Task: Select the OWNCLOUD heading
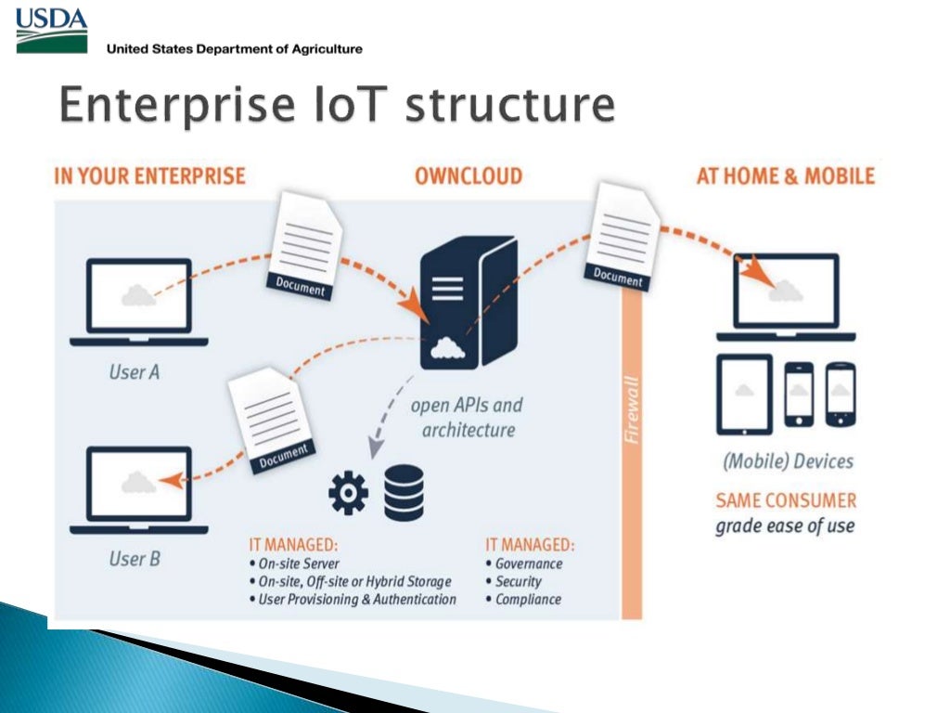(468, 176)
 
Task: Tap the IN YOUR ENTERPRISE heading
(149, 176)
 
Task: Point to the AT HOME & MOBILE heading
(785, 176)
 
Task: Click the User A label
(134, 372)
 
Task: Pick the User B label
(134, 559)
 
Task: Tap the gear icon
(349, 493)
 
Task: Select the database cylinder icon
(404, 492)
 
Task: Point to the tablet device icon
(744, 394)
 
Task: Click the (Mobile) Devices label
(788, 461)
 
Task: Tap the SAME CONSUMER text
(786, 500)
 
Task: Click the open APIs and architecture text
(468, 418)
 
